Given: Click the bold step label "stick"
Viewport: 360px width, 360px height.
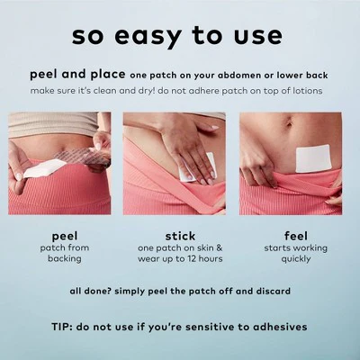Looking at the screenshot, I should [x=180, y=237].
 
